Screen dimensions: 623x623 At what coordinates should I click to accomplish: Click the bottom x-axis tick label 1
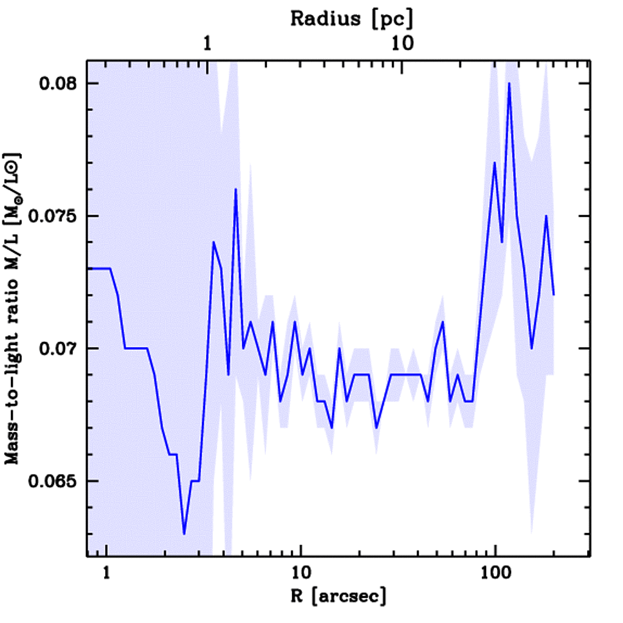pyautogui.click(x=107, y=574)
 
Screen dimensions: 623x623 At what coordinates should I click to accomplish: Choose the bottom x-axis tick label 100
pyautogui.click(x=496, y=574)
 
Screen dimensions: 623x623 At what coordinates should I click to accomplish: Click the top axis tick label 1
pyautogui.click(x=209, y=43)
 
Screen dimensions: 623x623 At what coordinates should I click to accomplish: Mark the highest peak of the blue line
pyautogui.click(x=509, y=83)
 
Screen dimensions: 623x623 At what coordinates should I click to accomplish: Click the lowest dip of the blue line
pyautogui.click(x=184, y=534)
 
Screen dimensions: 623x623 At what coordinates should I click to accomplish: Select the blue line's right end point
pyautogui.click(x=554, y=295)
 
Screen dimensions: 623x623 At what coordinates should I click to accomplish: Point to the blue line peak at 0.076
pyautogui.click(x=235, y=189)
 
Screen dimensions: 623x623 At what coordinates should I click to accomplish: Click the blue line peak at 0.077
pyautogui.click(x=495, y=162)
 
